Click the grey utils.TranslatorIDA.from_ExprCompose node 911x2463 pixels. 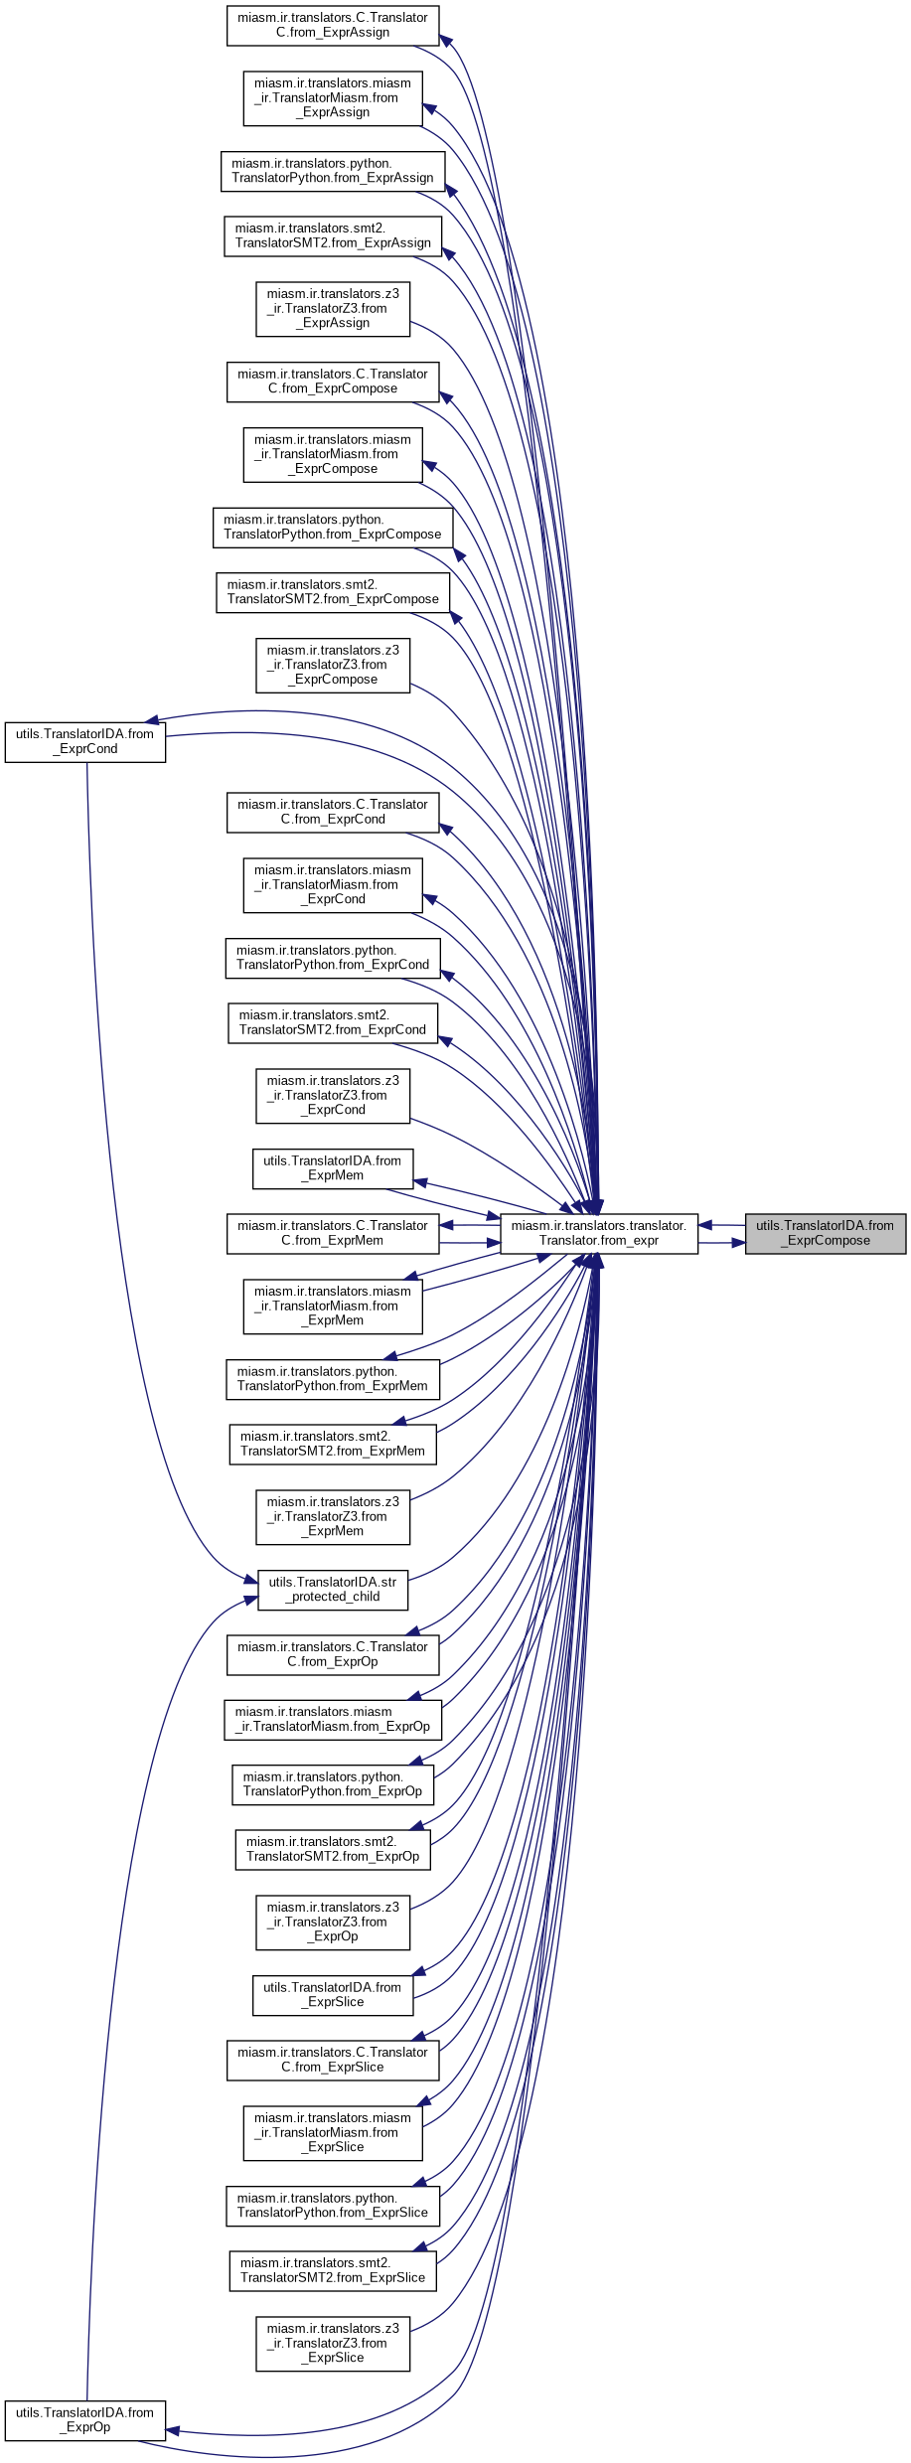(x=825, y=1233)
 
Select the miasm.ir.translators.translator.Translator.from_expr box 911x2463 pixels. (x=598, y=1233)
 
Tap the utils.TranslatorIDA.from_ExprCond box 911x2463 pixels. (x=84, y=742)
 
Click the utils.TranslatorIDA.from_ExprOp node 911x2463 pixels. (x=84, y=2420)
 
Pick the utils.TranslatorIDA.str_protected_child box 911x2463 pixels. (x=332, y=1590)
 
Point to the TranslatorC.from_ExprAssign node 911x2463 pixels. (x=332, y=25)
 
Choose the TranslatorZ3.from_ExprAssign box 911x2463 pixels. (x=332, y=308)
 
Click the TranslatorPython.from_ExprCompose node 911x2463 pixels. (x=332, y=527)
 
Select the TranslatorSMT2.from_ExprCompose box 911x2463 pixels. (x=332, y=592)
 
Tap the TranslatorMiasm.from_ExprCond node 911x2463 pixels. (x=332, y=884)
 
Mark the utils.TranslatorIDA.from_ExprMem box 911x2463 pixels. (x=332, y=1168)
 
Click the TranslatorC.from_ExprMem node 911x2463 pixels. (x=332, y=1233)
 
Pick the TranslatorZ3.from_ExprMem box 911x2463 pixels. (x=332, y=1516)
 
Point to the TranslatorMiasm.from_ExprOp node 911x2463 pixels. (x=332, y=1719)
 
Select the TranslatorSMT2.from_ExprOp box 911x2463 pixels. (x=332, y=1849)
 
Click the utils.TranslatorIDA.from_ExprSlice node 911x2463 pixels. (x=332, y=1995)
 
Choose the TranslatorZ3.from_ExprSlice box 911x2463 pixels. (x=332, y=2343)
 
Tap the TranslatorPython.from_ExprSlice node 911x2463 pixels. (x=332, y=2206)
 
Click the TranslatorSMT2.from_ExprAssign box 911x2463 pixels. (x=332, y=235)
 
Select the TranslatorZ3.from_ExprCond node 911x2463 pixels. (x=332, y=1095)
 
